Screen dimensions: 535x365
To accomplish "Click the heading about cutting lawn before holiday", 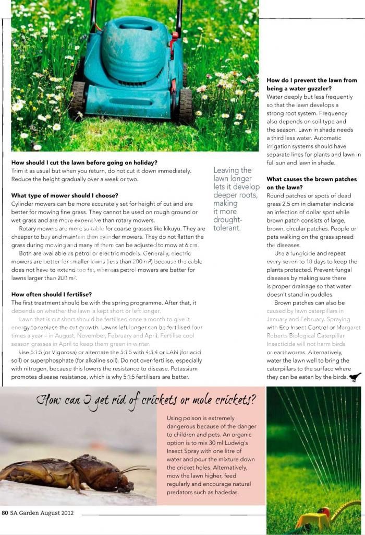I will pyautogui.click(x=84, y=162).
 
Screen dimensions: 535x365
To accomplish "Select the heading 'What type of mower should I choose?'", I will pyautogui.click(x=65, y=195).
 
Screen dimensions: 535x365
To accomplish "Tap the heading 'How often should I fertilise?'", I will pyautogui.click(x=52, y=294).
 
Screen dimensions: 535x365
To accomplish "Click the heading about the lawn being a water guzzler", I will pyautogui.click(x=311, y=85).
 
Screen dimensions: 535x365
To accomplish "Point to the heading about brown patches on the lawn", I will pyautogui.click(x=311, y=183).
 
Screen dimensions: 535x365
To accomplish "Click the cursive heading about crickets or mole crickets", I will pyautogui.click(x=147, y=400).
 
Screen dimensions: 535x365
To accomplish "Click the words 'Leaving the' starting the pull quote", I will pyautogui.click(x=233, y=170).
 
